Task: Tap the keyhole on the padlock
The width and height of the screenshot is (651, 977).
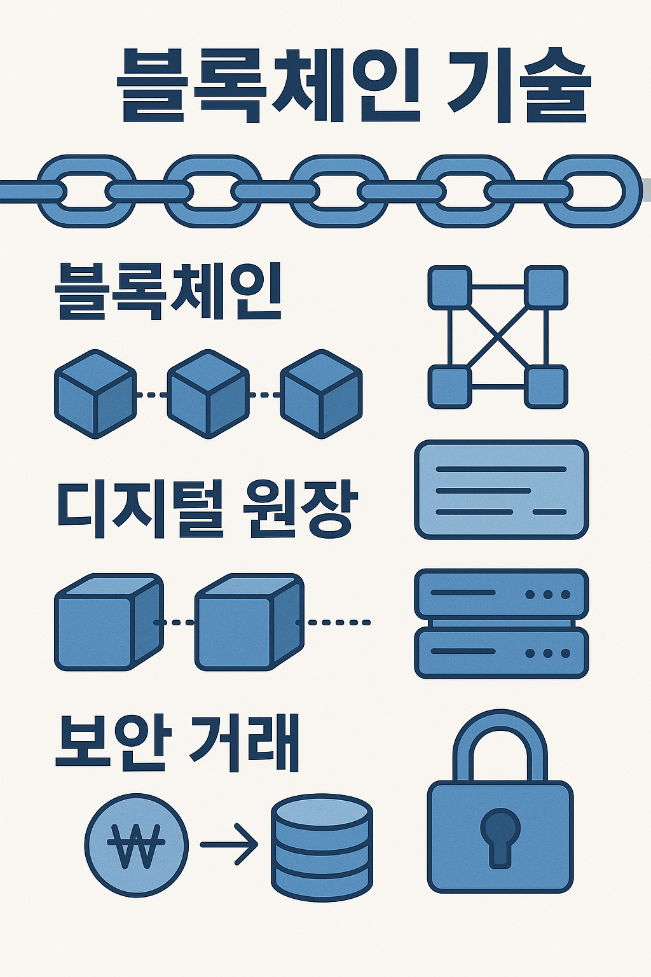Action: point(500,836)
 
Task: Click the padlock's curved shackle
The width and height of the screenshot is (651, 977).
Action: point(500,738)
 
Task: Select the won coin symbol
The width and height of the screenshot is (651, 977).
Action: point(136,845)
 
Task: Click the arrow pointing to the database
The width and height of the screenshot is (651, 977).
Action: point(229,845)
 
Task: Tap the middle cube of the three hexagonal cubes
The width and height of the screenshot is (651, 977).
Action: point(208,394)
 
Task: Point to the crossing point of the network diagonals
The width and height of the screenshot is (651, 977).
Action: point(498,336)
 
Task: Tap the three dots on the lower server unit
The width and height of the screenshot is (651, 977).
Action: point(547,653)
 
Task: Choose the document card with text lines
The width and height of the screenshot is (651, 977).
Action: point(501,490)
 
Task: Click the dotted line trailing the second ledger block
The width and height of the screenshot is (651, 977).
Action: point(337,622)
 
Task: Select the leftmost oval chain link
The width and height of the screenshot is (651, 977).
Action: point(86,191)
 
